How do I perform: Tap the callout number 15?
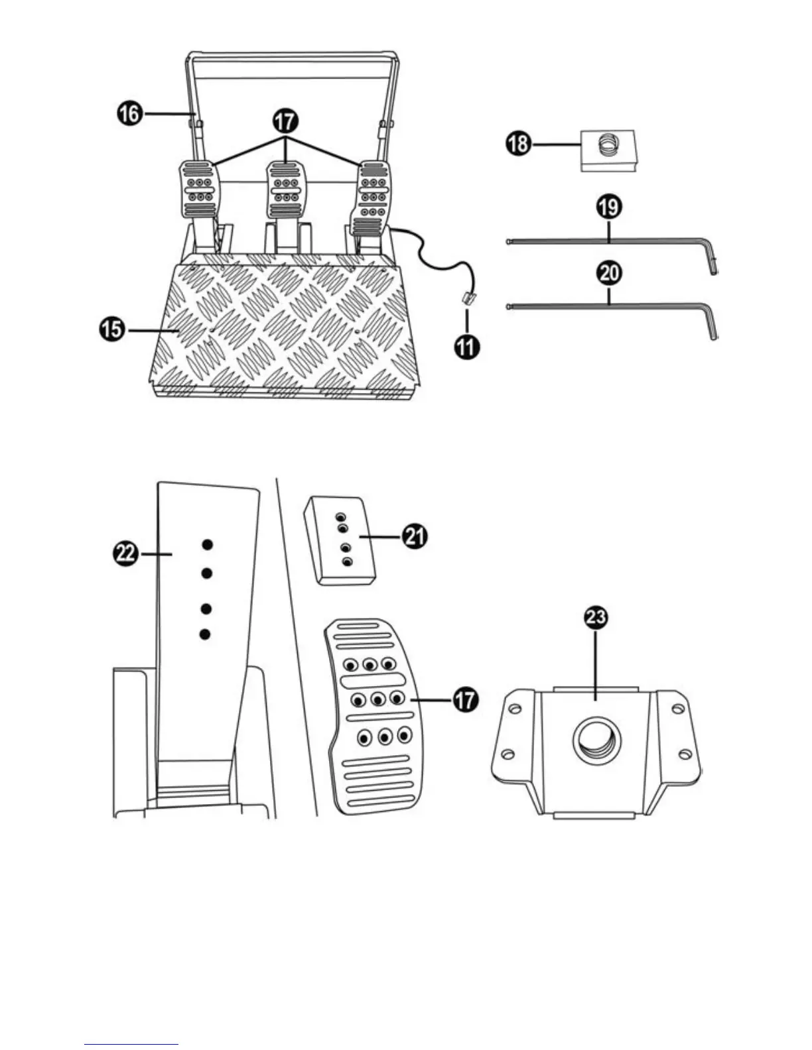coord(115,329)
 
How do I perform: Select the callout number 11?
coord(468,347)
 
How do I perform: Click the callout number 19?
coord(608,207)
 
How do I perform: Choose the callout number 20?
coord(609,272)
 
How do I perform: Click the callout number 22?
coord(124,552)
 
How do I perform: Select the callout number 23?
coord(596,618)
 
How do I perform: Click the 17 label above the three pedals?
coord(286,123)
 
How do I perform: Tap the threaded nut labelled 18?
coord(609,150)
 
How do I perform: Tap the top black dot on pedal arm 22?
coord(207,544)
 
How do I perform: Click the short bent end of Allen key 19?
coord(712,262)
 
